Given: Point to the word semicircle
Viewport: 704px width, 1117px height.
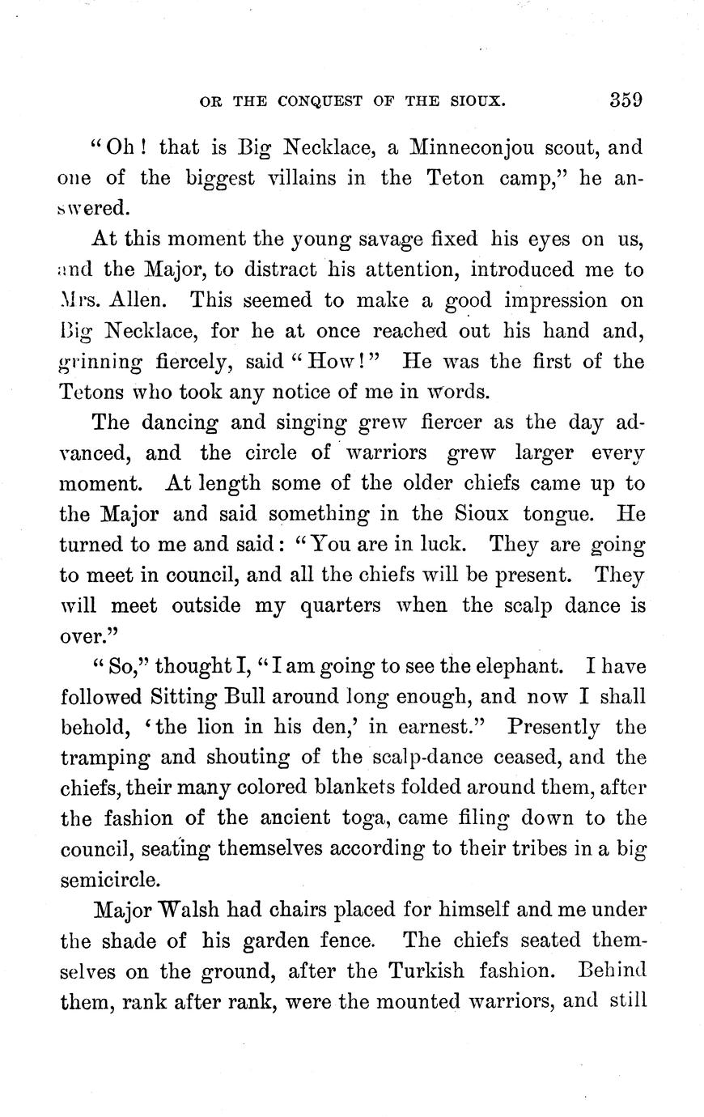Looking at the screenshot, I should click(x=111, y=879).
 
